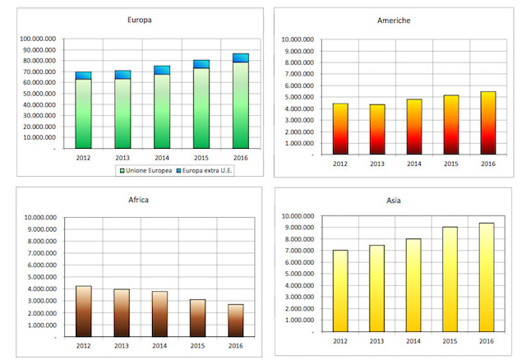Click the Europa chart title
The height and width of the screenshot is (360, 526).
(x=139, y=19)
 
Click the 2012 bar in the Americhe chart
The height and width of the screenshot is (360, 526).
(x=339, y=128)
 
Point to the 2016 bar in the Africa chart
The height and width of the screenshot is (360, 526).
(x=235, y=320)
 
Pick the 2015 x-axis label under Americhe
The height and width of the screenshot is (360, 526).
(x=451, y=163)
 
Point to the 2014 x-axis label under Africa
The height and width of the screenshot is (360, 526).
(x=159, y=345)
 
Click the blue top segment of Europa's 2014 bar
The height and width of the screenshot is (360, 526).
(x=162, y=70)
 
